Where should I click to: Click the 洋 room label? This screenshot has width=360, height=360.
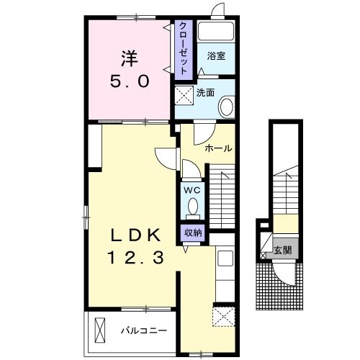point(130,55)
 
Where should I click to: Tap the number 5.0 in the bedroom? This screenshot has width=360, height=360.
point(130,81)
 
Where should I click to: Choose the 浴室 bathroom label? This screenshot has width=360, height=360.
point(216,55)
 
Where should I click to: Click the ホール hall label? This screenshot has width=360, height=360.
point(218,149)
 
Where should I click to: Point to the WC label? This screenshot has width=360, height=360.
point(192,189)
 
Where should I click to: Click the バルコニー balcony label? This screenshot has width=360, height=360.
point(143,332)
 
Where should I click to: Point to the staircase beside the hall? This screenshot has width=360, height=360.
point(223,194)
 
